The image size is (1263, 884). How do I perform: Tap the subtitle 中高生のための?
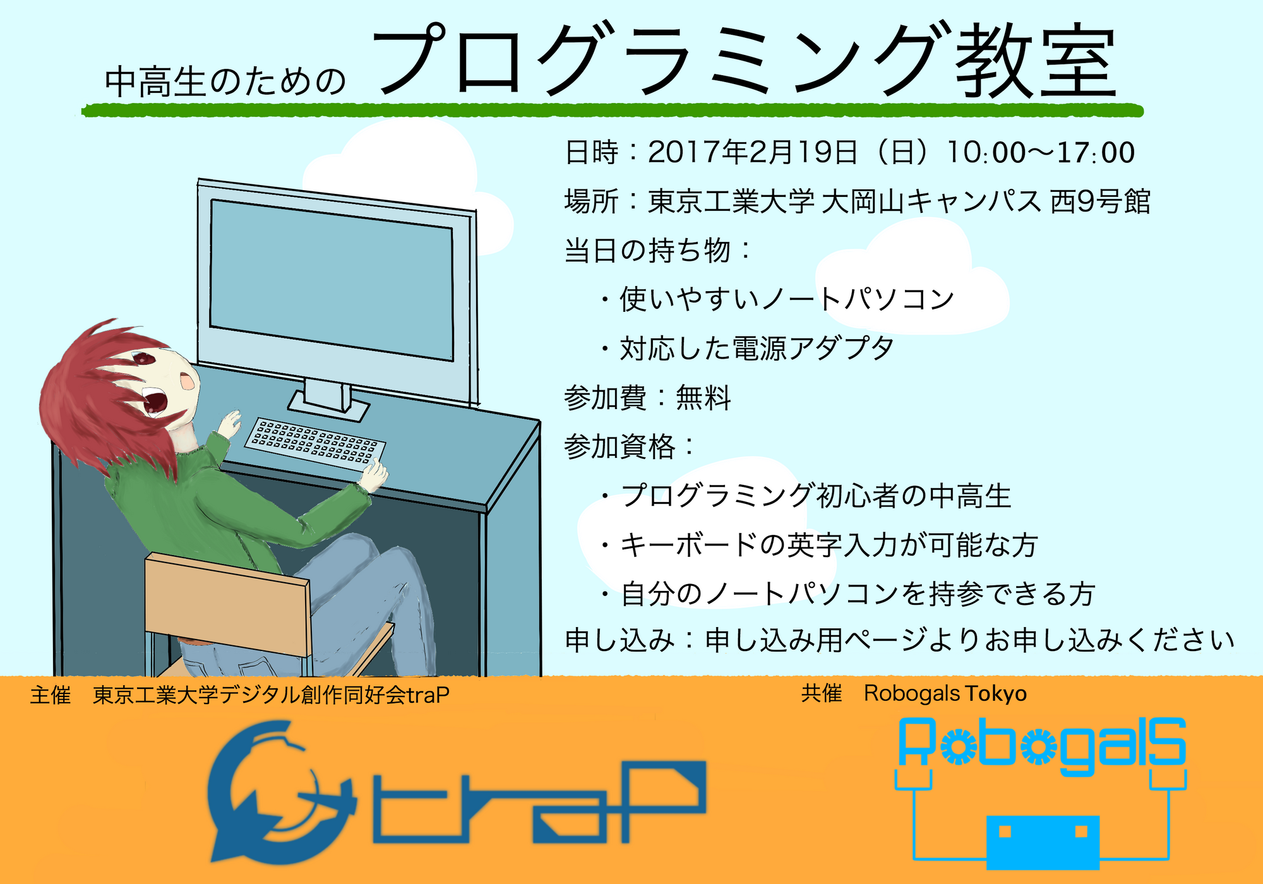225,82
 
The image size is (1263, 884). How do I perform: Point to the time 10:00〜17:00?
1040,152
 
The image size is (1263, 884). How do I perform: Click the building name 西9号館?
1099,201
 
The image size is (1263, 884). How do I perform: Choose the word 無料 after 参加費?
703,398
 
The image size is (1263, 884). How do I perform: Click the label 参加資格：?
629,447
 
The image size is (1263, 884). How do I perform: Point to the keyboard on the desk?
314,441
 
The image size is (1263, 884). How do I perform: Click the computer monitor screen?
332,280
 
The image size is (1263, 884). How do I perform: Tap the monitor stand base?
328,405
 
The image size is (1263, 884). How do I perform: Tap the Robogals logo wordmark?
1041,746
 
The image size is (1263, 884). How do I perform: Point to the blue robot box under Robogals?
1043,842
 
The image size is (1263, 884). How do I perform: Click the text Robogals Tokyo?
945,693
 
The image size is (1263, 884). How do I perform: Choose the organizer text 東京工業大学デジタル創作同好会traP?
271,695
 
